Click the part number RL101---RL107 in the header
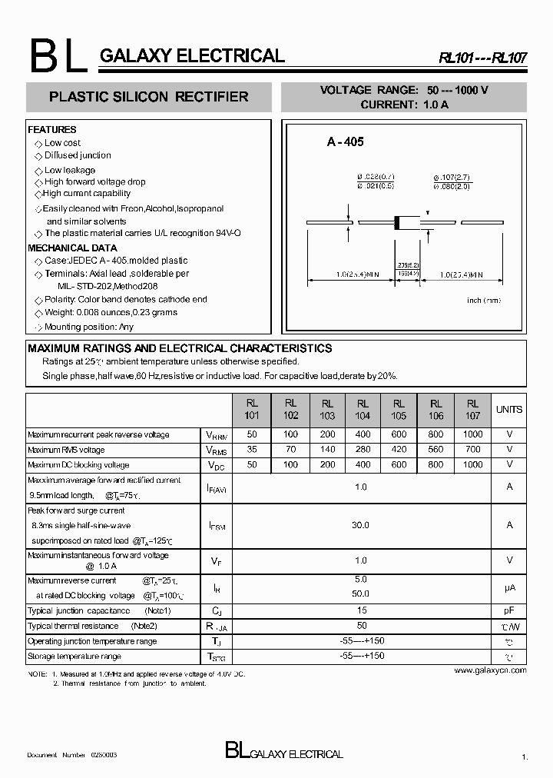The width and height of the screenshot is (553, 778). (482, 58)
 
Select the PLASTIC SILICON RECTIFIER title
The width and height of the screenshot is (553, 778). (148, 97)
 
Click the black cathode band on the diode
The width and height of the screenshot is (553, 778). (397, 223)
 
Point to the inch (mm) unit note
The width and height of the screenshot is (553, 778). (484, 300)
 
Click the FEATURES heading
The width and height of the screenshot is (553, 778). (52, 130)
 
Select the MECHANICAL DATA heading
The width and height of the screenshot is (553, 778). (72, 248)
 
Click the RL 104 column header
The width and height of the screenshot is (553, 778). (363, 409)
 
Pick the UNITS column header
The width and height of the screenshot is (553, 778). (508, 410)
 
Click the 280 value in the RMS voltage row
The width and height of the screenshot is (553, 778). (363, 450)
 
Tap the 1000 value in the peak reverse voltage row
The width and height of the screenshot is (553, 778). (472, 435)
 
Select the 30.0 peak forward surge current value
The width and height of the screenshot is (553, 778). (361, 525)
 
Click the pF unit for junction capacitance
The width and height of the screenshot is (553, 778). (508, 611)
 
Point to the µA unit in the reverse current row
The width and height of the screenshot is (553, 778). (508, 587)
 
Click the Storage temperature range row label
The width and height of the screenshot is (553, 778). (75, 657)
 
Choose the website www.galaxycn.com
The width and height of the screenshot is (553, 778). (490, 670)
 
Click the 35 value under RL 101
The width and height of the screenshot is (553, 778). (253, 450)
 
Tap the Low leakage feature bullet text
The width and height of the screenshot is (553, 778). (70, 170)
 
